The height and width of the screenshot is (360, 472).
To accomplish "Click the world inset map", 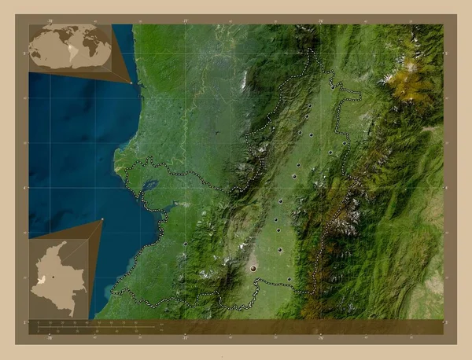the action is pos(70,47).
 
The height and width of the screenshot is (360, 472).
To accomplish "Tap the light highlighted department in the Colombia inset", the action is pos(41,279).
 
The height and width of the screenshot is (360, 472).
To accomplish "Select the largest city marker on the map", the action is pos(253,268).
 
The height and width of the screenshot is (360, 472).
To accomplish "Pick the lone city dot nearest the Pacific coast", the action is pos(185,244).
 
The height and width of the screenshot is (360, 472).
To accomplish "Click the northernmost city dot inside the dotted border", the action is pos(310,106).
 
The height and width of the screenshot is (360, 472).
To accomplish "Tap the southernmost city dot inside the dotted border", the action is pos(289,278).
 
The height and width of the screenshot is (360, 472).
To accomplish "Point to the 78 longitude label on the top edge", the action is pos(50,20).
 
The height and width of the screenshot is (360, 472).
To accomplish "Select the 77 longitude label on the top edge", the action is pos(185,20).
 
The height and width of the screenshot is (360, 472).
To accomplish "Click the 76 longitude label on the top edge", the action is pos(320,20).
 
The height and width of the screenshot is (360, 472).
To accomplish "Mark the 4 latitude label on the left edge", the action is pos(26,188).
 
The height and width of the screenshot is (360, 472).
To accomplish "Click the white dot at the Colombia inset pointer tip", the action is pos(102,219).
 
